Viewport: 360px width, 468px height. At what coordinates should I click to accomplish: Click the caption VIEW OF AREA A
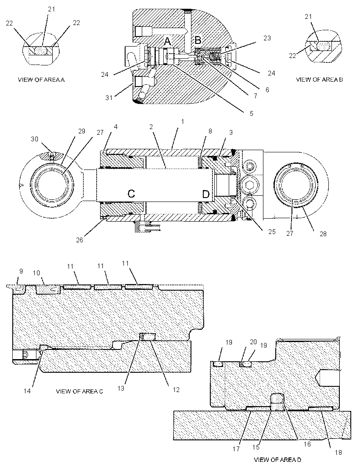[41, 80]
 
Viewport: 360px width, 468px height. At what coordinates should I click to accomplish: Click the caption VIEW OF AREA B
[320, 79]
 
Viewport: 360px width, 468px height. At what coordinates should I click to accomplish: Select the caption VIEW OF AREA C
[79, 391]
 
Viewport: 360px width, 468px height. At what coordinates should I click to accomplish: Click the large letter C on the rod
[131, 194]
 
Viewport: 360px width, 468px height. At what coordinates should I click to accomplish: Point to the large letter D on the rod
[206, 194]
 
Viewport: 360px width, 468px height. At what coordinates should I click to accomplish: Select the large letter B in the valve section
[198, 40]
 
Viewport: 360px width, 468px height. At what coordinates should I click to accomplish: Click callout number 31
[109, 97]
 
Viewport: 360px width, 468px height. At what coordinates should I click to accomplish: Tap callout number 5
[252, 113]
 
